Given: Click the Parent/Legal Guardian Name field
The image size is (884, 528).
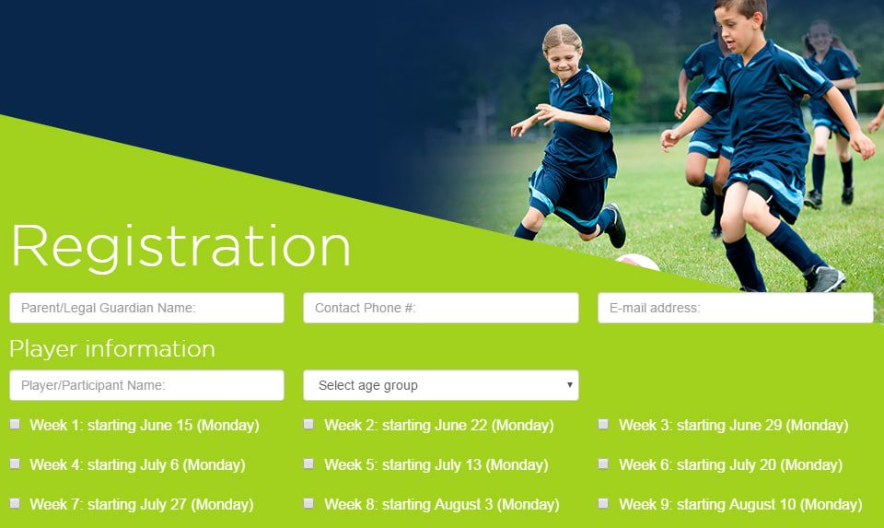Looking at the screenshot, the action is click(x=146, y=308).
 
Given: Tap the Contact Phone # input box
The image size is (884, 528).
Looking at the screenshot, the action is click(x=441, y=308).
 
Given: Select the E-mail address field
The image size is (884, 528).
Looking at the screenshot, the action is click(x=736, y=308).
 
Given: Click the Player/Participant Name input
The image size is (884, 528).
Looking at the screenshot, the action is click(x=146, y=385).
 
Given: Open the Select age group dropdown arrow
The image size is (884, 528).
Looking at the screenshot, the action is click(x=569, y=385).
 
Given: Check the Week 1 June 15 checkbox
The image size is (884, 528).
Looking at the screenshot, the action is click(x=16, y=424).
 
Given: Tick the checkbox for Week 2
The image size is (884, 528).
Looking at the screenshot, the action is click(x=309, y=424).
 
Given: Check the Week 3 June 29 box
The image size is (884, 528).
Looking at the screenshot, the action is click(x=603, y=424).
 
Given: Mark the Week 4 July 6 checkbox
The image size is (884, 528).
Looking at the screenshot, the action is click(x=16, y=463).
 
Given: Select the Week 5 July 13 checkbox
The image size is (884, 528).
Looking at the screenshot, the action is click(x=309, y=463).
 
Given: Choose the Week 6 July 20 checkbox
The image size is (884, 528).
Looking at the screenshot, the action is click(x=603, y=463).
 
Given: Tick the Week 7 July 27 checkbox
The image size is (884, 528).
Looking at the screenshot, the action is click(x=16, y=503).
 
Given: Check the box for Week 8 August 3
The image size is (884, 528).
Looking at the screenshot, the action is click(x=309, y=503).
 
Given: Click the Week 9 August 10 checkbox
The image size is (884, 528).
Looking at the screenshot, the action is click(x=603, y=503).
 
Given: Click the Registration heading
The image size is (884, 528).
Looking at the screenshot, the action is click(x=180, y=247).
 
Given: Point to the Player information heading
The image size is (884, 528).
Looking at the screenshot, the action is click(x=112, y=349).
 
